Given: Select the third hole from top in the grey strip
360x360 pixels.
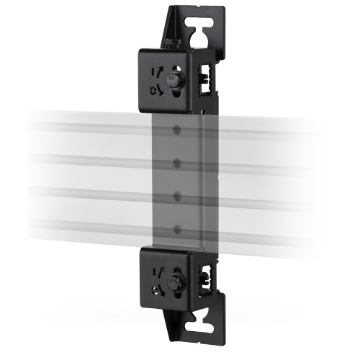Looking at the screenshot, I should (x=176, y=196).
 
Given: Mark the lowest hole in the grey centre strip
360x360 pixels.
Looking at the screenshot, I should (x=176, y=228).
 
